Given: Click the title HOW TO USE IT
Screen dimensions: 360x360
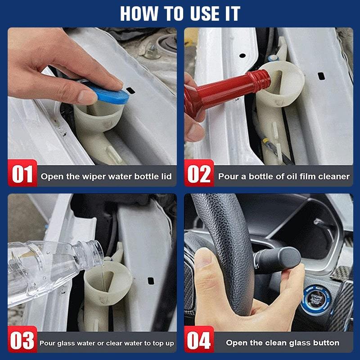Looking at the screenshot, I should [180, 13].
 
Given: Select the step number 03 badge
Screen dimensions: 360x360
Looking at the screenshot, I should [22, 342].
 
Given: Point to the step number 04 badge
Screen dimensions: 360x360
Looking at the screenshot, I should [199, 342].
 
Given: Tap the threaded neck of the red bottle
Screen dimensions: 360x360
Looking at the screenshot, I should [258, 80].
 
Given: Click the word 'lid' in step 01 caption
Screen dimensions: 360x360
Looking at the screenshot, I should [166, 176].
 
